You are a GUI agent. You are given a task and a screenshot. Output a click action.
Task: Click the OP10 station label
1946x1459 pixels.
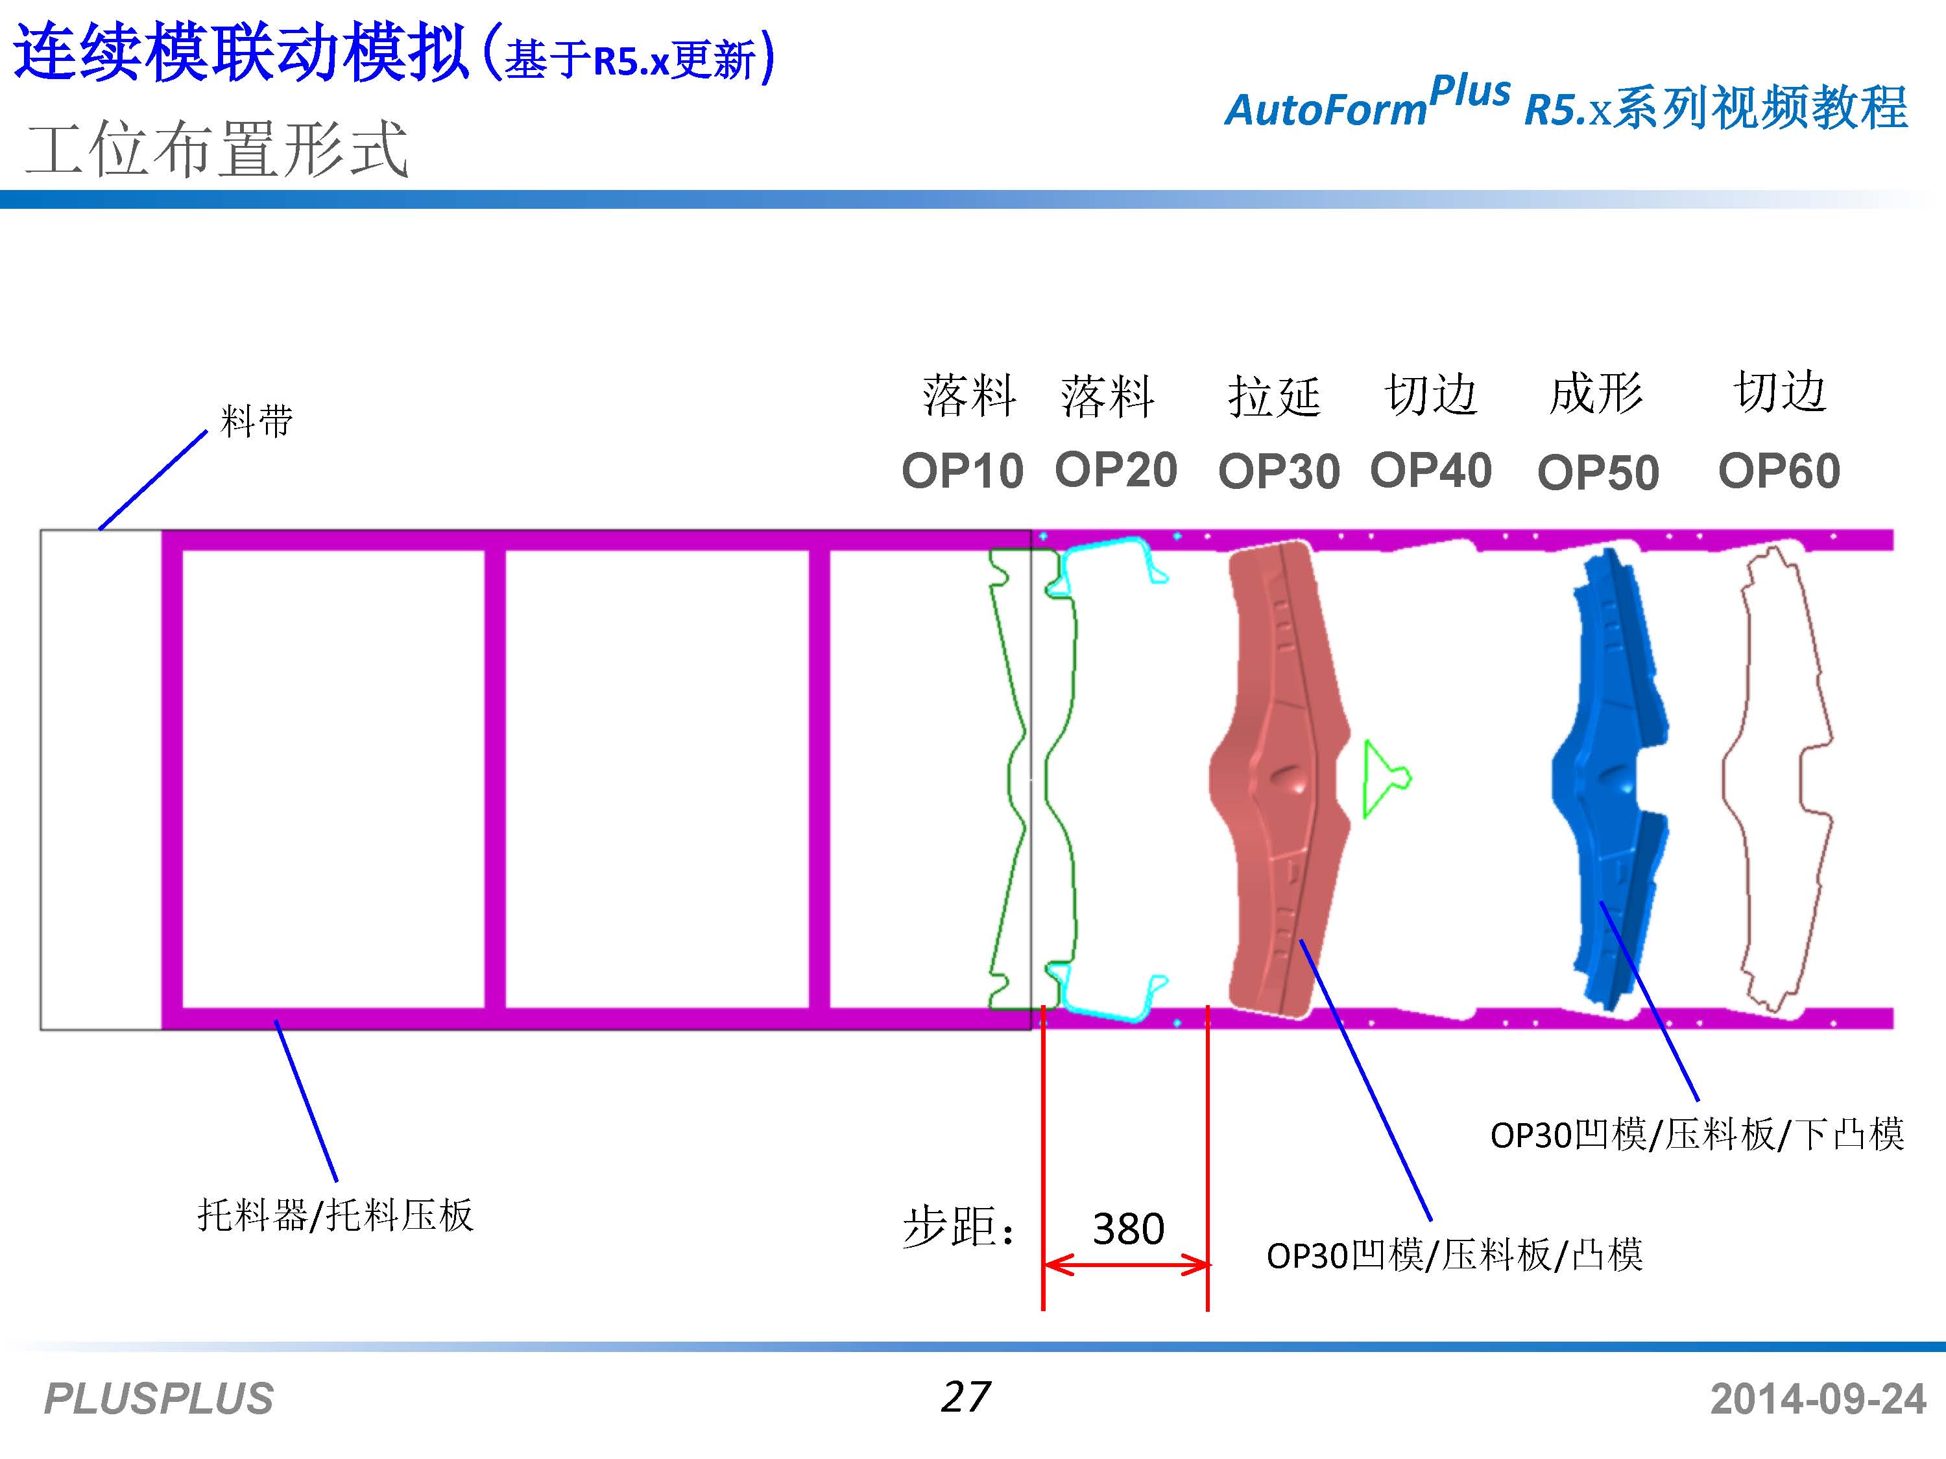(x=963, y=471)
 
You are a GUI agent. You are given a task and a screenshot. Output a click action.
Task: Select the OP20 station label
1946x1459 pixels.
(x=1116, y=469)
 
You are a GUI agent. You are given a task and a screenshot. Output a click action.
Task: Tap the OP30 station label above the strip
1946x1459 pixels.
(x=1279, y=472)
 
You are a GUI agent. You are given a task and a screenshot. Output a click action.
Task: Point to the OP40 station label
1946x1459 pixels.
(x=1430, y=471)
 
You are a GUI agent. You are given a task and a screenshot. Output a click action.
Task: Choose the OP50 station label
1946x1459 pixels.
(x=1598, y=473)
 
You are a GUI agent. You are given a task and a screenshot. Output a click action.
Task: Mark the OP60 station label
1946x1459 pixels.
(x=1779, y=471)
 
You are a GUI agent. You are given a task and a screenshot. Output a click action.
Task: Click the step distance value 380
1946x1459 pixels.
(x=1128, y=1229)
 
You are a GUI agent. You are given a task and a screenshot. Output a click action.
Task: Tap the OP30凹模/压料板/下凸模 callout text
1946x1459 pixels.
(x=1697, y=1135)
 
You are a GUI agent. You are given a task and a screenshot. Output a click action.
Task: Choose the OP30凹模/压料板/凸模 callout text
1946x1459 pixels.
(x=1454, y=1255)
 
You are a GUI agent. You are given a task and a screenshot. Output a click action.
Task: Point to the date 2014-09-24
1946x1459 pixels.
(x=1818, y=1398)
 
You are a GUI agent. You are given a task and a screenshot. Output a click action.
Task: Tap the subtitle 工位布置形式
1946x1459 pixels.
(x=217, y=150)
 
